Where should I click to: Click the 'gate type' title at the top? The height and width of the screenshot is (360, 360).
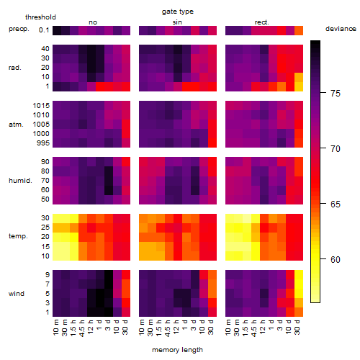pos(178,12)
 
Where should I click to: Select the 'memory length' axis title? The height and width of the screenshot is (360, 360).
pos(177,350)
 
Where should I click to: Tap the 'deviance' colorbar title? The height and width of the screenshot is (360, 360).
pos(341,29)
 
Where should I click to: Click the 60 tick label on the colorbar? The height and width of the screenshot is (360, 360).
pos(336,260)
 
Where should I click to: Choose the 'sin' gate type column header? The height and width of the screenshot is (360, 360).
pos(177,22)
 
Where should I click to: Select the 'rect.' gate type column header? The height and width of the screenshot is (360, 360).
pos(261,22)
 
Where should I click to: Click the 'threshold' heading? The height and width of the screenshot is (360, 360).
pos(40,17)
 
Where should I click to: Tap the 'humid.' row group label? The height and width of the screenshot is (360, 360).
pos(20,181)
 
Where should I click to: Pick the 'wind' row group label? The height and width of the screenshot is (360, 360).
pos(17,294)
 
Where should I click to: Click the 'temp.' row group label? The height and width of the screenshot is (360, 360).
pos(18,236)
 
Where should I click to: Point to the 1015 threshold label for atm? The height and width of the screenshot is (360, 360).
pos(41,106)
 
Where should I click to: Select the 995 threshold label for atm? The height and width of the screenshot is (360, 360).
pos(43,143)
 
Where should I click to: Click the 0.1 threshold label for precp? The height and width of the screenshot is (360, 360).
pos(44,30)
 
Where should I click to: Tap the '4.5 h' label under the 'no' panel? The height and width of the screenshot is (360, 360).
pos(82,328)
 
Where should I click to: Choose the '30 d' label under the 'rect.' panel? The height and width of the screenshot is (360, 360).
pos(297,327)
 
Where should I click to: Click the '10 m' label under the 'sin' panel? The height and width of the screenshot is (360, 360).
pos(142,327)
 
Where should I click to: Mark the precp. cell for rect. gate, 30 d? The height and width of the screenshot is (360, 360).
pos(299,30)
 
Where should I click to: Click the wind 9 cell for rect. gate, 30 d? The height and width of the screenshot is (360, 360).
pos(299,275)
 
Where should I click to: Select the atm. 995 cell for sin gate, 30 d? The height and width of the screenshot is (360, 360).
pos(212,143)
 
